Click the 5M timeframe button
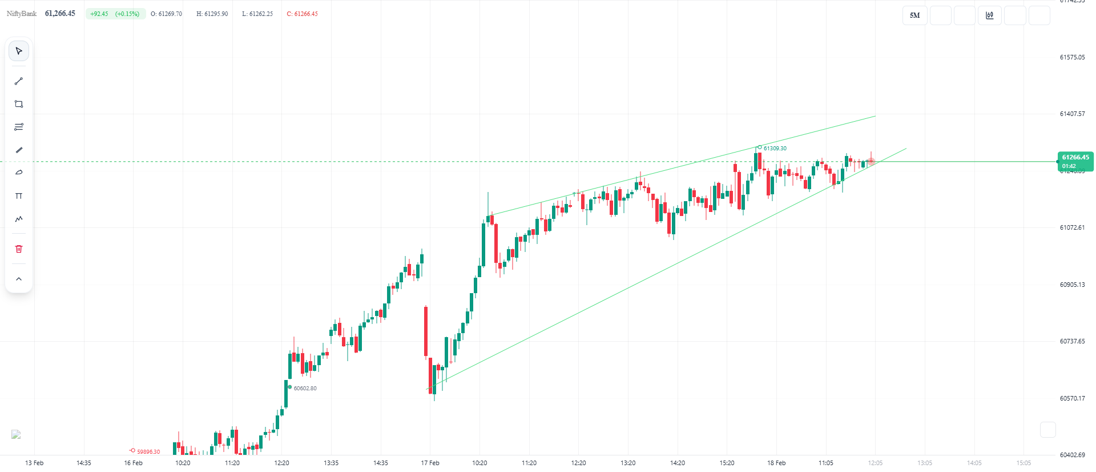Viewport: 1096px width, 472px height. coord(914,15)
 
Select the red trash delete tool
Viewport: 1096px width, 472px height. coord(19,249)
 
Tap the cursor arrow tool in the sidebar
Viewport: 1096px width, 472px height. coord(19,51)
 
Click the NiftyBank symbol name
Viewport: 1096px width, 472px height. coord(22,14)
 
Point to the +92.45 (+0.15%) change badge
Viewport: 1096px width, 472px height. coord(115,14)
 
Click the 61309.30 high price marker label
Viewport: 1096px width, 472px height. coord(775,149)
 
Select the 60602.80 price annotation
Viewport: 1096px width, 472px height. coord(305,389)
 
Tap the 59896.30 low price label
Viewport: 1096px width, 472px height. coord(148,452)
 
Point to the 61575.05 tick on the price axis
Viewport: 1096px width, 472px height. coord(1072,57)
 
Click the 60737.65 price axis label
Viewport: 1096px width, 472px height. coord(1072,341)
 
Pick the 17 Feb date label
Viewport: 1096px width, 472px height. coord(430,463)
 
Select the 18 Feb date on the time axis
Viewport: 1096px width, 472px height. coord(776,463)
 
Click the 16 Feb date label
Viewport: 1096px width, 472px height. coord(133,463)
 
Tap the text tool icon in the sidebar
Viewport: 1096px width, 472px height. coord(19,196)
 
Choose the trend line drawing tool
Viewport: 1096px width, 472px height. coord(19,81)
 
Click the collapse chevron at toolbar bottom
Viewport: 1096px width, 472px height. coord(19,279)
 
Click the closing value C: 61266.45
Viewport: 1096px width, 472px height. coord(302,14)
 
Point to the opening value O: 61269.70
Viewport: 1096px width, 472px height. coord(166,14)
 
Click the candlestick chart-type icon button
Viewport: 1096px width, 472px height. coord(989,15)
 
